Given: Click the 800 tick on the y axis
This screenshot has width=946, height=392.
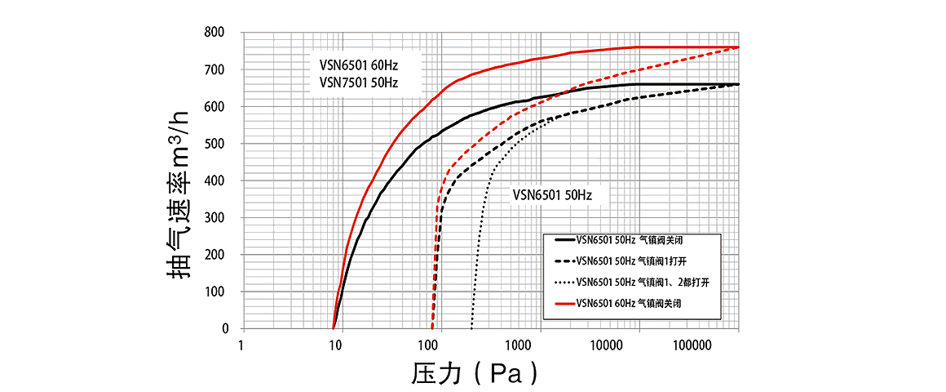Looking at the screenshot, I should pyautogui.click(x=217, y=33).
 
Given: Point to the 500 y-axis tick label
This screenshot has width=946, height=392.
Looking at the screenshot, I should pyautogui.click(x=217, y=144).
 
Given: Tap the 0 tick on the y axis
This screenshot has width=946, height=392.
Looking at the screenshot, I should pyautogui.click(x=225, y=328).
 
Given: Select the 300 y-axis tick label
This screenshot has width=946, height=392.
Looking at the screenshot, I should pyautogui.click(x=217, y=218).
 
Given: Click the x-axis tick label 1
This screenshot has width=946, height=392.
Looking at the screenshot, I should pyautogui.click(x=242, y=345).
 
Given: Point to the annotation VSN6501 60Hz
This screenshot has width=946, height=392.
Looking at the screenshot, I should pyautogui.click(x=359, y=64).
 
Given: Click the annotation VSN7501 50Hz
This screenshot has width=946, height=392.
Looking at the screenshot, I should pyautogui.click(x=359, y=82).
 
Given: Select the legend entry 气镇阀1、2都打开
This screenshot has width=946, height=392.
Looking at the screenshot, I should pyautogui.click(x=640, y=283).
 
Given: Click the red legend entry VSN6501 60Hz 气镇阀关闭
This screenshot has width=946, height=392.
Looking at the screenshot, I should pyautogui.click(x=629, y=304).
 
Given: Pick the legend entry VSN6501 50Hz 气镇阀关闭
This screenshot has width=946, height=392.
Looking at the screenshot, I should pyautogui.click(x=629, y=240).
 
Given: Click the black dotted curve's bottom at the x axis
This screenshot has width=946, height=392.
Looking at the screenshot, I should pyautogui.click(x=471, y=327).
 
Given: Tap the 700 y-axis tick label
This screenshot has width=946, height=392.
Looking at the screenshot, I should pyautogui.click(x=217, y=70).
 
